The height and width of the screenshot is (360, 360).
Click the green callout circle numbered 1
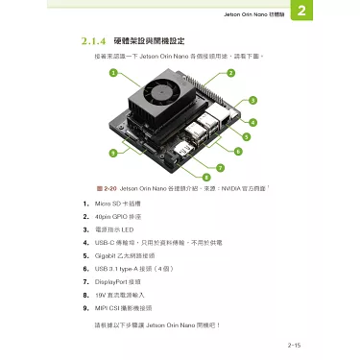(112, 74)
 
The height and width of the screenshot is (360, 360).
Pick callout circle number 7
(222, 168)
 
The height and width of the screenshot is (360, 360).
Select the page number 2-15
(295, 343)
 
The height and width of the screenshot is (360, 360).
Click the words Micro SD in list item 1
(107, 204)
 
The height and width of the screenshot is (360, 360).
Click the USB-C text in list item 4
(104, 245)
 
